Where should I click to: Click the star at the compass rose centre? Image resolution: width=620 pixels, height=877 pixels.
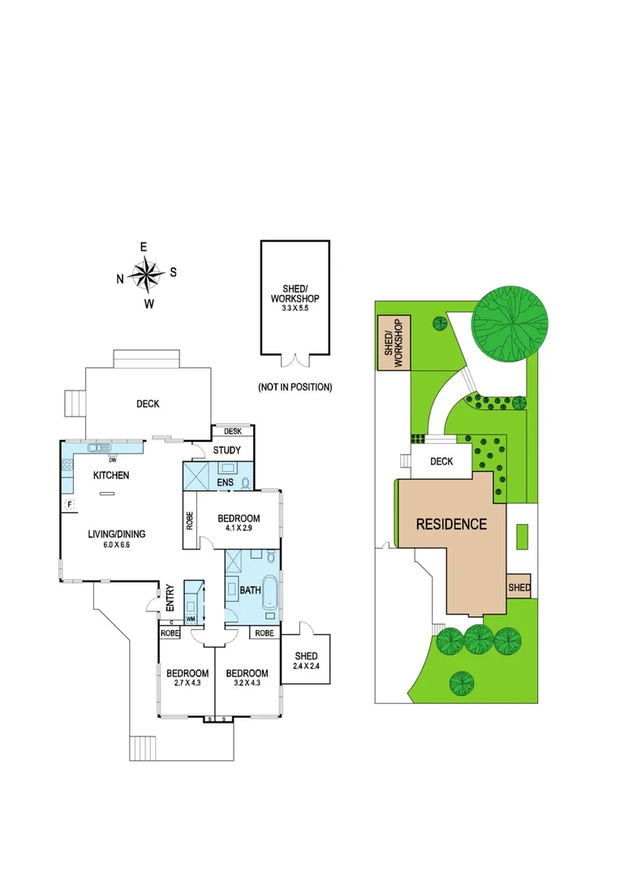click(x=146, y=274)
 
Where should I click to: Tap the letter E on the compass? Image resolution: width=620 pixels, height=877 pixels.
click(x=144, y=247)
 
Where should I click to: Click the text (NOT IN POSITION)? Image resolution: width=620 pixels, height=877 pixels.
click(x=295, y=387)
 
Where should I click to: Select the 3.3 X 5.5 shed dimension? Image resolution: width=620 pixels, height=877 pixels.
click(x=295, y=309)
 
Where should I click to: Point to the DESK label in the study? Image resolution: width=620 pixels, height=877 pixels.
click(x=233, y=431)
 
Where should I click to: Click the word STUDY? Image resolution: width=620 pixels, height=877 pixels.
click(x=227, y=450)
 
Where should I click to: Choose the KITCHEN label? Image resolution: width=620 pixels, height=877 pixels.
click(x=111, y=476)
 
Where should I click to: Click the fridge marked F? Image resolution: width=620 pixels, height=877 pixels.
click(x=69, y=504)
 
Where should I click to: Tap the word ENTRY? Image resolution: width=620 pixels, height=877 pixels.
click(x=170, y=597)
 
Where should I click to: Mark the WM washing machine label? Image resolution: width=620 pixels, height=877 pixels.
click(x=191, y=619)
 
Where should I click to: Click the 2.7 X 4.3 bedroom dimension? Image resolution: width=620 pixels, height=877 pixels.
click(x=187, y=684)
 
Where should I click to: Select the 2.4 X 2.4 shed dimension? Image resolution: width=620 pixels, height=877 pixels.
click(x=306, y=667)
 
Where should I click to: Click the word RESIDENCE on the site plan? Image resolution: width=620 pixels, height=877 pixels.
click(x=451, y=524)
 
